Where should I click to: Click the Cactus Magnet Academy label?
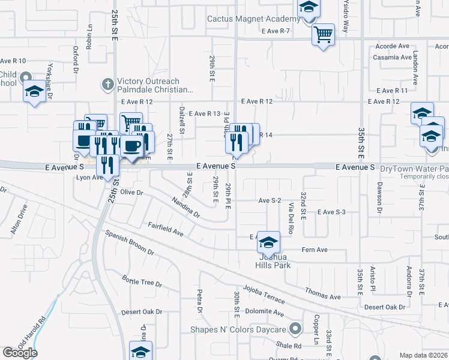point(249,19)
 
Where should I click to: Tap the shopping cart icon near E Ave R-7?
point(323,34)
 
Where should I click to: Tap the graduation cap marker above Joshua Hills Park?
point(269,242)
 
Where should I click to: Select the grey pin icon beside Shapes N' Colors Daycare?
point(295,329)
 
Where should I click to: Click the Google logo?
point(20,353)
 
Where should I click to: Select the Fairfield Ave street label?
point(165,229)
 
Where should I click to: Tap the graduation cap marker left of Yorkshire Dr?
point(34,92)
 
